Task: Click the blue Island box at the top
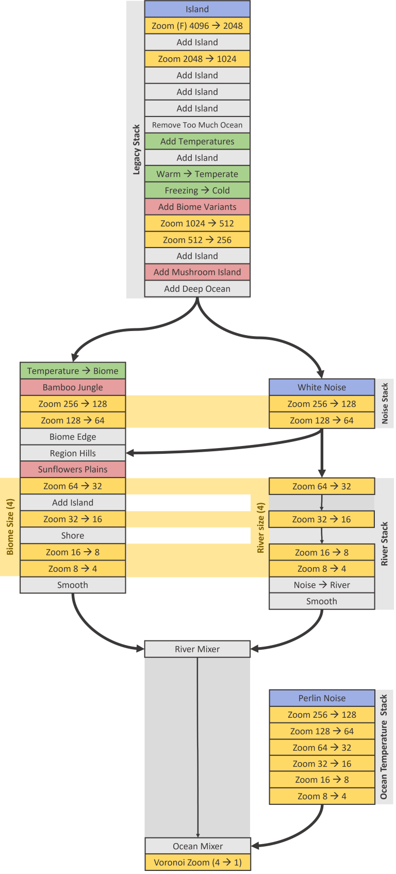197,9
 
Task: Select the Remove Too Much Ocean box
197,125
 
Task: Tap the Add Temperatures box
197,141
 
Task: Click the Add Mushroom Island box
197,272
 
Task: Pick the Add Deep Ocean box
197,289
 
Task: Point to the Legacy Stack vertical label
136,150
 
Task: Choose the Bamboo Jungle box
73,387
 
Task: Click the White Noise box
322,387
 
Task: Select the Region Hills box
73,453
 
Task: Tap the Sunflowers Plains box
73,469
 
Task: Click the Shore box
73,536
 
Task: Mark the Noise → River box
322,585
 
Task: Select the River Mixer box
197,649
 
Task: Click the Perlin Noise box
322,698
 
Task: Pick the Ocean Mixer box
197,846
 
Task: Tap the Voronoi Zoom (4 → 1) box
197,862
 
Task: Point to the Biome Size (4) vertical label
10,527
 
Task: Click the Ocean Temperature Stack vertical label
384,747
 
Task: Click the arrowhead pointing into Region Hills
130,453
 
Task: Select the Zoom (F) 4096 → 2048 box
197,26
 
